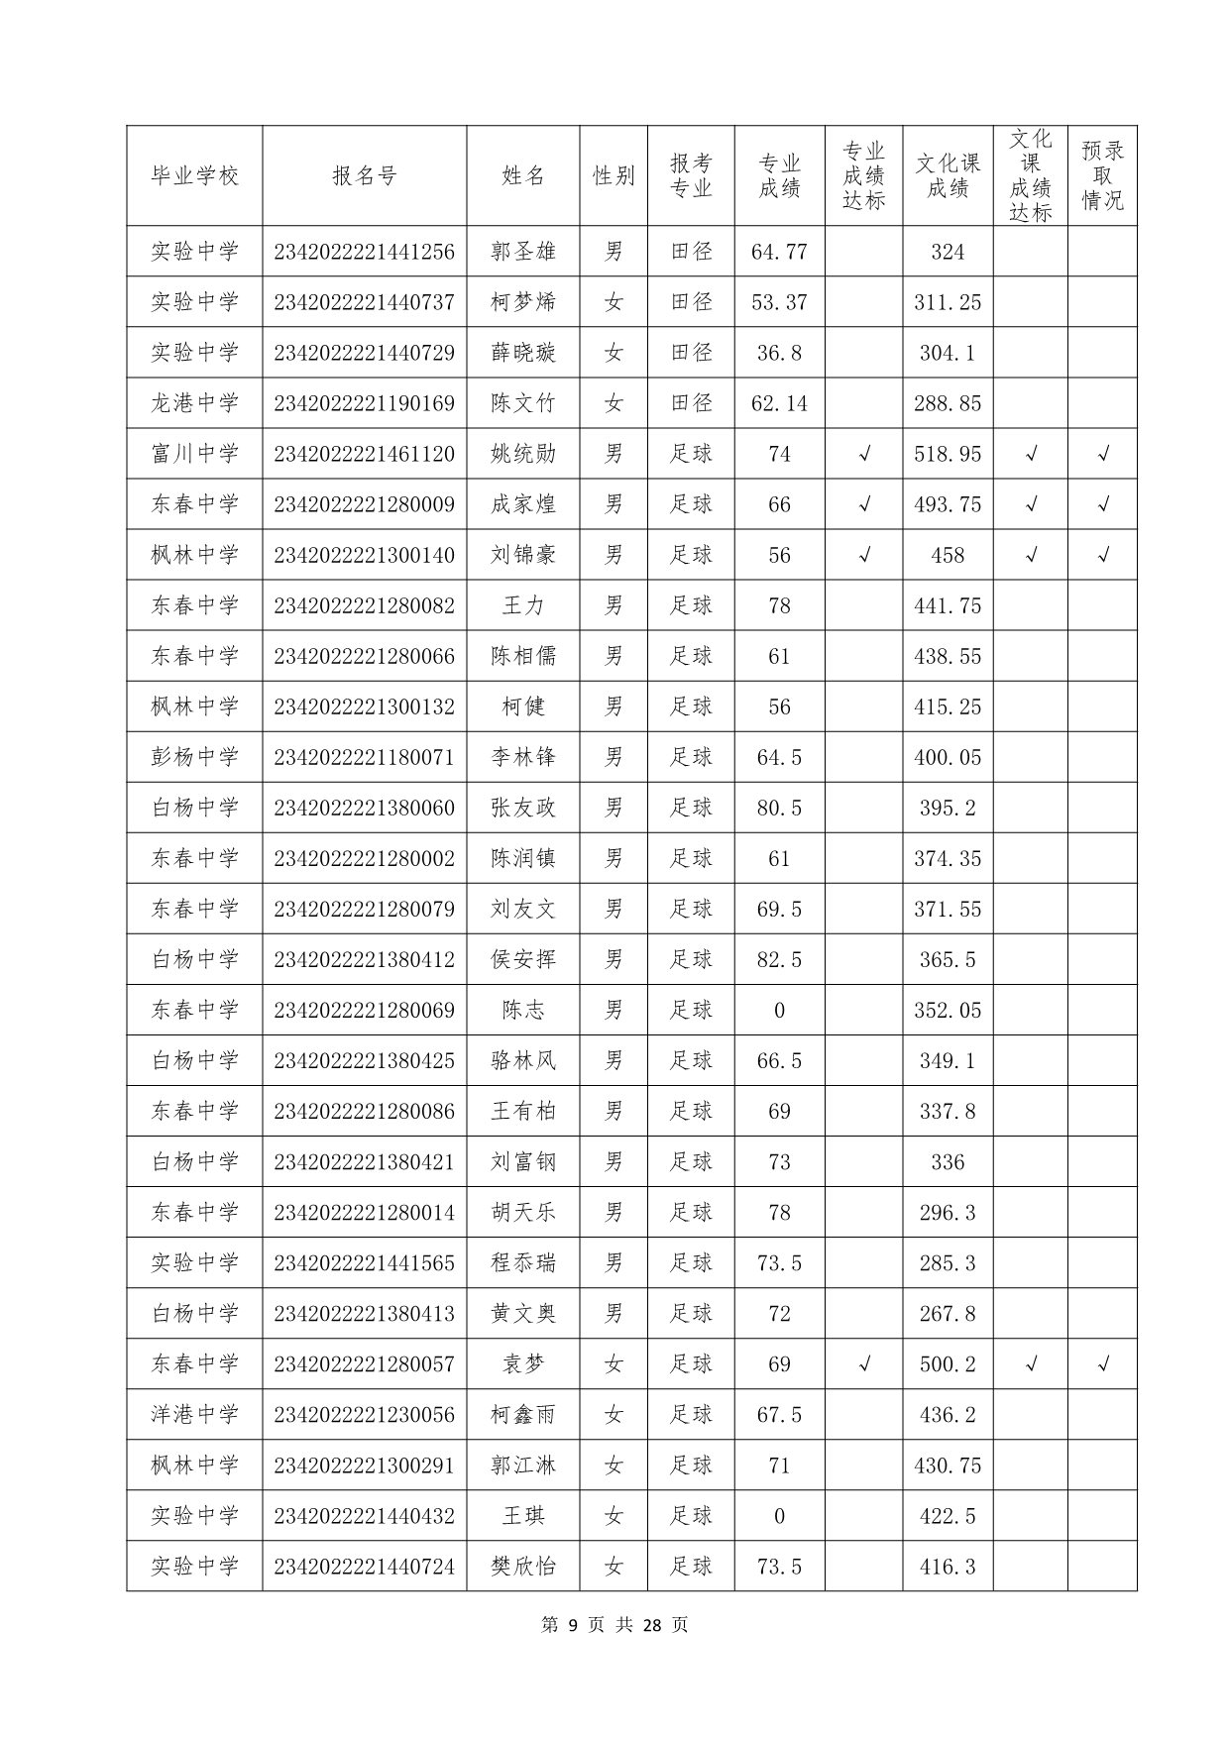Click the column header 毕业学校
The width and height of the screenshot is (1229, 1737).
pyautogui.click(x=194, y=176)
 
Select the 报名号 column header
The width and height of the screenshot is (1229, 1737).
pyautogui.click(x=364, y=176)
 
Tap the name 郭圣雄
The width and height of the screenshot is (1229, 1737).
pyautogui.click(x=522, y=252)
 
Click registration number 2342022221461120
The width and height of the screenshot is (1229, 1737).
pyautogui.click(x=364, y=454)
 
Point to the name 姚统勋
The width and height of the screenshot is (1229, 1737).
pyautogui.click(x=522, y=454)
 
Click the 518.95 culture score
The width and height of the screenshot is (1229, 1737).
pyautogui.click(x=947, y=454)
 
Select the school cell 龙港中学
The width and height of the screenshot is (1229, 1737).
pyautogui.click(x=194, y=403)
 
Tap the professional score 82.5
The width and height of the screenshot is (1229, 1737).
pyautogui.click(x=779, y=959)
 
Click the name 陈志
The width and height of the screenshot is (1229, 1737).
pyautogui.click(x=522, y=1010)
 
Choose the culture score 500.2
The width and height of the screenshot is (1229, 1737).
pyautogui.click(x=947, y=1363)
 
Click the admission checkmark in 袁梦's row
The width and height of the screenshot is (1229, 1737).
pyautogui.click(x=1103, y=1363)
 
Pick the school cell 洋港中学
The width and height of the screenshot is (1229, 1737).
pyautogui.click(x=194, y=1414)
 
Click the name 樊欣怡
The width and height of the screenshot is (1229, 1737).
pyautogui.click(x=522, y=1566)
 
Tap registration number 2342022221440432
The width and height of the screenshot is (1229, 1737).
pyautogui.click(x=364, y=1515)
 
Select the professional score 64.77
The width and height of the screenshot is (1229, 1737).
pyautogui.click(x=779, y=252)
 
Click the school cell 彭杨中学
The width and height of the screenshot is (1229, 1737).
pyautogui.click(x=194, y=757)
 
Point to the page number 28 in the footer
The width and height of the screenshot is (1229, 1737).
pyautogui.click(x=651, y=1624)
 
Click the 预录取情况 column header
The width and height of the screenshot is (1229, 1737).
pyautogui.click(x=1102, y=176)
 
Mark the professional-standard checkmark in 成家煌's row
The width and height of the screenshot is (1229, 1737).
pyautogui.click(x=863, y=504)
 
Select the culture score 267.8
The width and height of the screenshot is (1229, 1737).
pyautogui.click(x=947, y=1313)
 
